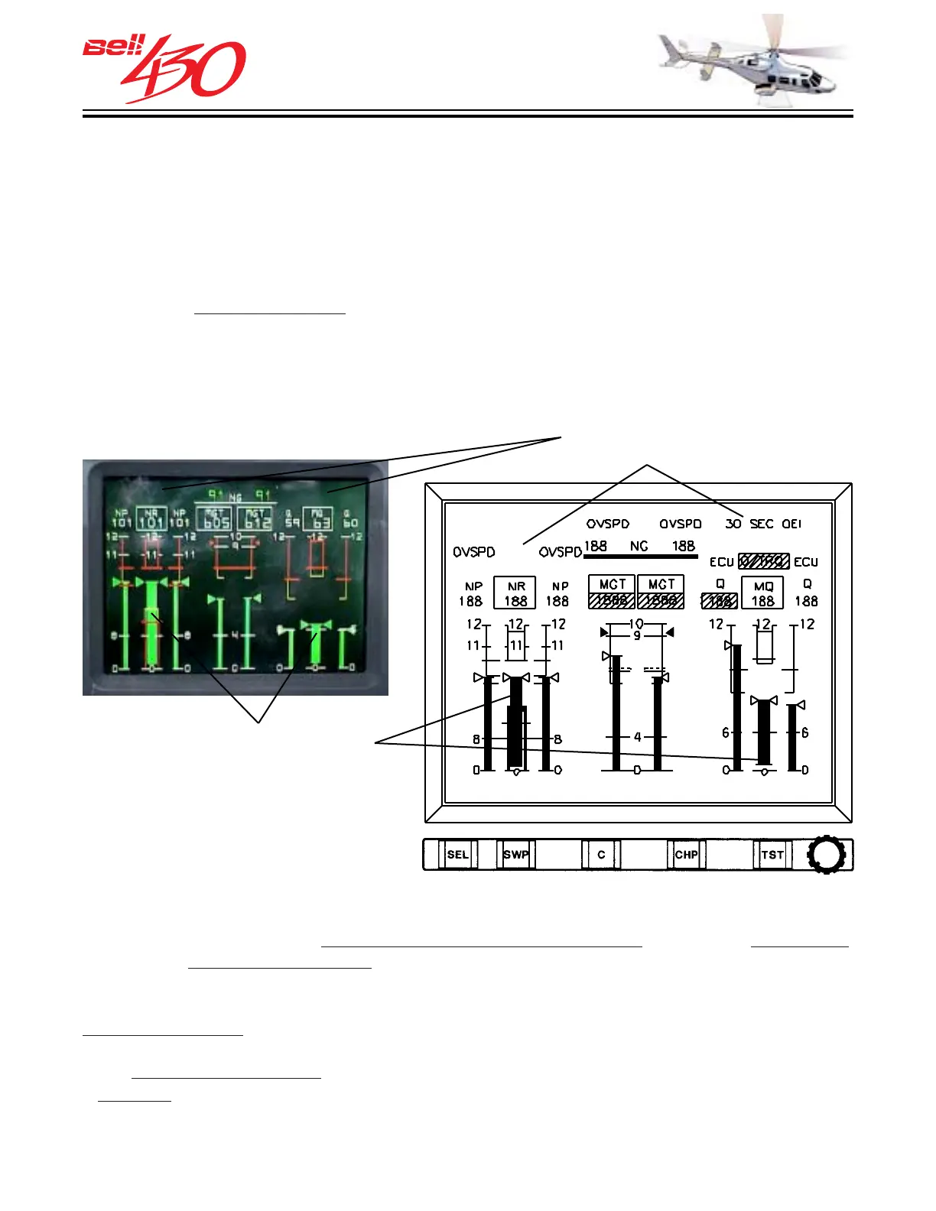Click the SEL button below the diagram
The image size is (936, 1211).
point(457,855)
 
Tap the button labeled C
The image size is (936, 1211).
point(601,855)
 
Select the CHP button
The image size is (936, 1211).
point(686,855)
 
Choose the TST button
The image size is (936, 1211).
point(772,855)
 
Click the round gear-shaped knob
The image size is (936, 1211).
point(827,854)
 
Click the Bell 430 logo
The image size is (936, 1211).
point(165,68)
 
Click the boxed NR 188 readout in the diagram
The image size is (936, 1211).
point(515,593)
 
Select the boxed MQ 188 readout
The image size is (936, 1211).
point(763,593)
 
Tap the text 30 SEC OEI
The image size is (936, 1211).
point(763,524)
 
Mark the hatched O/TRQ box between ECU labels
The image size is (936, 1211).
point(763,561)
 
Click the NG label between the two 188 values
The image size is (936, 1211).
point(639,546)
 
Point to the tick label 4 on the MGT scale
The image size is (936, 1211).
point(638,737)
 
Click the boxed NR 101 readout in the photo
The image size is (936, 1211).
point(151,519)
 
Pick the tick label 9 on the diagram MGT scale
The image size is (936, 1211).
point(637,636)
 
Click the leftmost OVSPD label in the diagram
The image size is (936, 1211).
point(474,552)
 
